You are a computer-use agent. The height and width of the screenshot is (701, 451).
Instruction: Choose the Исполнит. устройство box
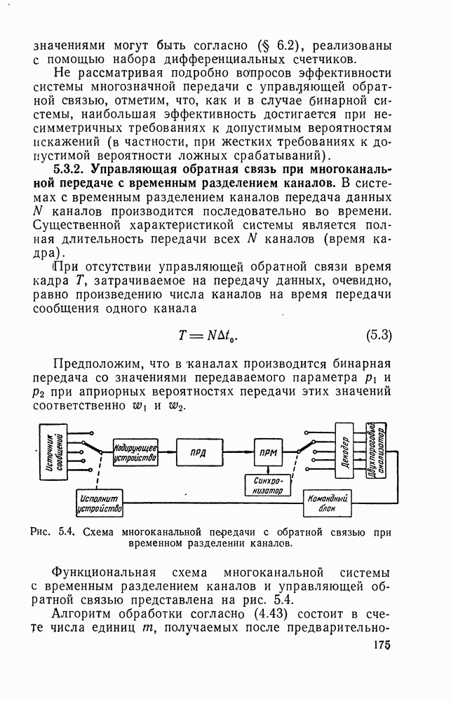(99, 502)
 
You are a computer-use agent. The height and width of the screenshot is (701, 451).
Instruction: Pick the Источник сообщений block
(59, 452)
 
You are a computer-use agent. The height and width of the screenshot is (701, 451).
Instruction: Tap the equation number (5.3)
(378, 335)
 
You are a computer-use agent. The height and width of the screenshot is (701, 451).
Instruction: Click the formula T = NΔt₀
(208, 336)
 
